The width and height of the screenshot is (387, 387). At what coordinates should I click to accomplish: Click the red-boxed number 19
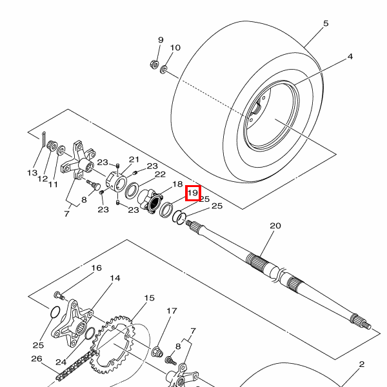point(193,192)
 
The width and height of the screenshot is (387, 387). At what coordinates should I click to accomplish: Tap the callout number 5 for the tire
point(326,24)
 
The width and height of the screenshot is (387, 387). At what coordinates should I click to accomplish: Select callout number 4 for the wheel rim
point(350,57)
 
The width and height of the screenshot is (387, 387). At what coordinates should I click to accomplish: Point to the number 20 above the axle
point(275,226)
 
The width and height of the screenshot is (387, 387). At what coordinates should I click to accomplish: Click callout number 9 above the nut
point(161,40)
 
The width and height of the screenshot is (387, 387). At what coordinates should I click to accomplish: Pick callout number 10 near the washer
point(175,48)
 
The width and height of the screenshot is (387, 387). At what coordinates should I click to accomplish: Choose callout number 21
point(134,159)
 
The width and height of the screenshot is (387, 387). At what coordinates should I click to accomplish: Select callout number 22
point(160,174)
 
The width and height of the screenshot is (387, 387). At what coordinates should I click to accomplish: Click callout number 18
point(177,184)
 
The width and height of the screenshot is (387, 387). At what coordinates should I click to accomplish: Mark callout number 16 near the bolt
point(96,268)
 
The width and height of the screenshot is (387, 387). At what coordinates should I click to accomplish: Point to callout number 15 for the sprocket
point(149,298)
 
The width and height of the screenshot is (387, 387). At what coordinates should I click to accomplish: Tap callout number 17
point(172,311)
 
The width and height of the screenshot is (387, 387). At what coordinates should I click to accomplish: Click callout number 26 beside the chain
point(37,359)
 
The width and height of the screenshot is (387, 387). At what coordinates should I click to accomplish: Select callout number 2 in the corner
point(362,364)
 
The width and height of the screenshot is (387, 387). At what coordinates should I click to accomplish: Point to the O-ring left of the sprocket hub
point(55,313)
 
